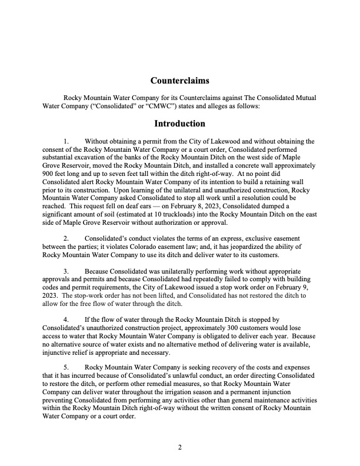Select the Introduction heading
point(179,124)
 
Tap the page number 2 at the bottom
point(180,447)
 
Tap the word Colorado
point(175,246)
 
